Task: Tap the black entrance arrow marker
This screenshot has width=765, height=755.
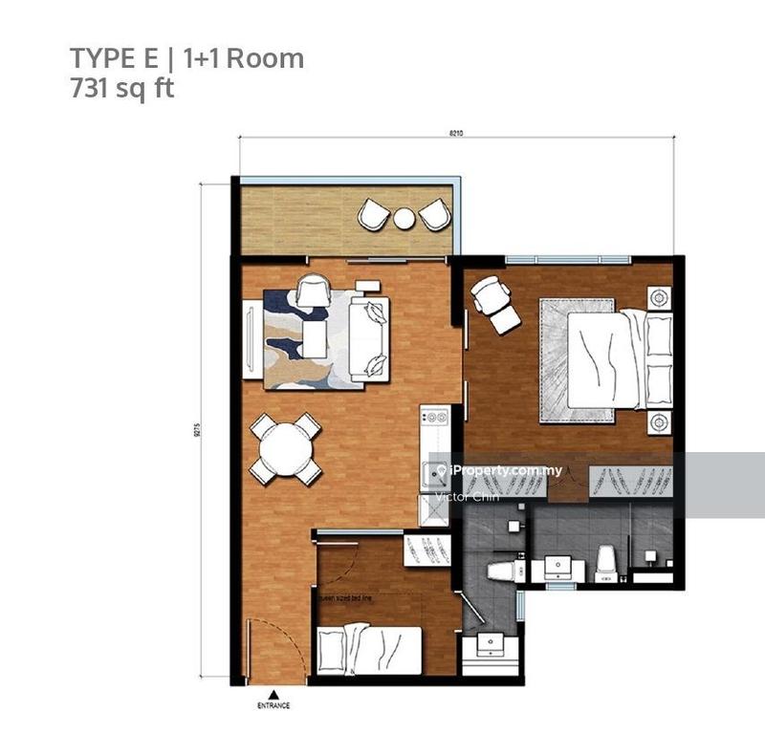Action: pos(273,694)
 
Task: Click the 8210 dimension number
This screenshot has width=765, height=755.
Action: pos(468,133)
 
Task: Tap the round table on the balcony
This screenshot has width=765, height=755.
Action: pos(404,219)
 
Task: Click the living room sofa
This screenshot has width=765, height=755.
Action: pos(369,337)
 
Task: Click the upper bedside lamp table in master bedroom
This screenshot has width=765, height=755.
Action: pos(658,297)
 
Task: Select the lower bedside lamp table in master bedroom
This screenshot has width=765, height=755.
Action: pos(658,421)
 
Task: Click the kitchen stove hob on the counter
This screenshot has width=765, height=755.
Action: pos(435,421)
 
